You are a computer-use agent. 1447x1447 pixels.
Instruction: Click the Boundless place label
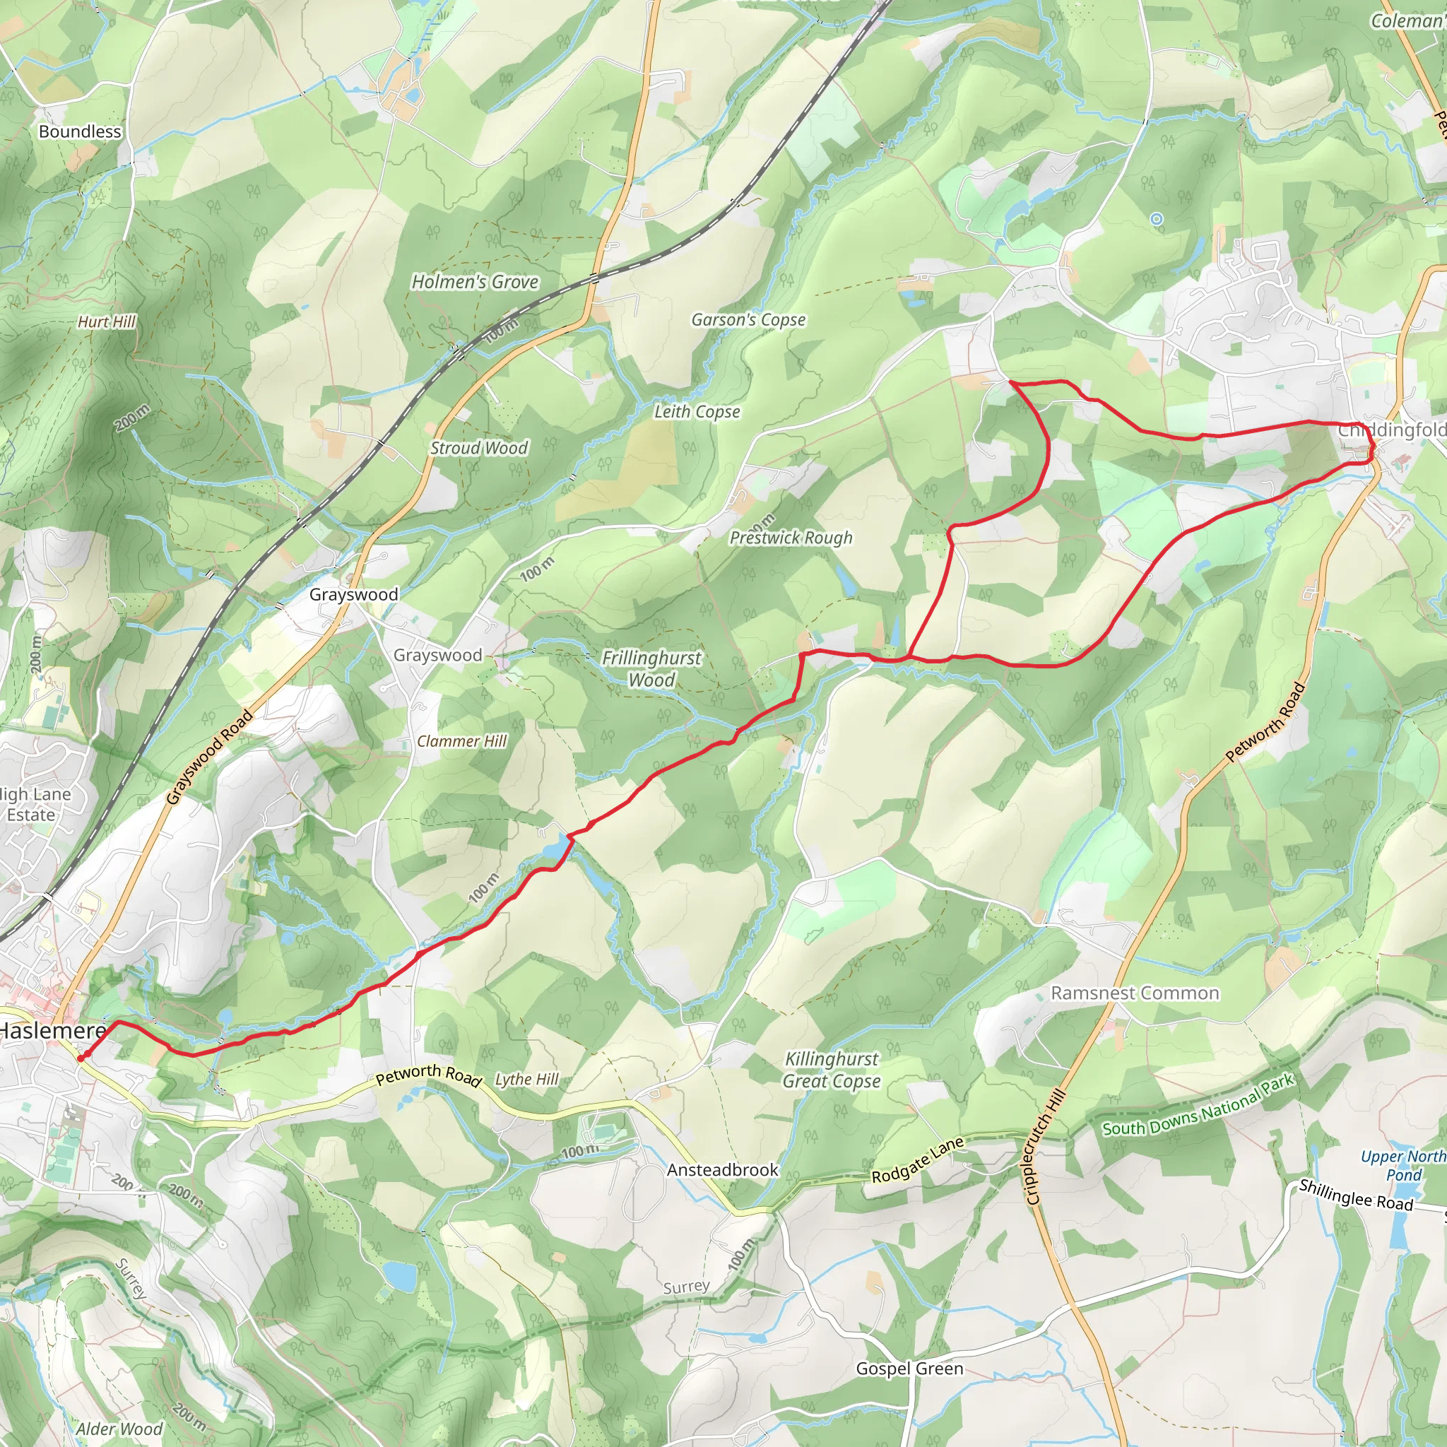[79, 132]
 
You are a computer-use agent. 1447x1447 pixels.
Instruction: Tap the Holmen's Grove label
[475, 283]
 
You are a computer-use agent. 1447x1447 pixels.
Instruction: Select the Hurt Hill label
[107, 322]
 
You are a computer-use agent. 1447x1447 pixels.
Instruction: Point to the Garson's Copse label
[748, 320]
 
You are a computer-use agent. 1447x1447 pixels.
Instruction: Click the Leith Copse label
[697, 412]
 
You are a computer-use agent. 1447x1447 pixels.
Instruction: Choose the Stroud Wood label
[478, 448]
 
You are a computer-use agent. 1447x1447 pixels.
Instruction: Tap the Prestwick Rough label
[791, 538]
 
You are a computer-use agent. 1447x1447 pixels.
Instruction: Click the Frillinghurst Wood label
[651, 669]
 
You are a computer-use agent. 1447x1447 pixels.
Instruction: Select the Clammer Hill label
[461, 741]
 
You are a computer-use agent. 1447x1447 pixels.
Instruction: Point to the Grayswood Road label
[209, 757]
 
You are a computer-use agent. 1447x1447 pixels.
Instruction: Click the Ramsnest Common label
[1135, 993]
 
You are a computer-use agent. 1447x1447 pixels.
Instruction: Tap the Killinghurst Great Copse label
[832, 1070]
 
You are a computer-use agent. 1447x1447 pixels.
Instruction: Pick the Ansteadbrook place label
[723, 1170]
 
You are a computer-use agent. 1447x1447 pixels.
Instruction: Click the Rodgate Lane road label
[918, 1160]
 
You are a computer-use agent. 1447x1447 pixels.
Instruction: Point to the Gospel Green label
[909, 1369]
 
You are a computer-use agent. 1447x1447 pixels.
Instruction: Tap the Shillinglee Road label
[1356, 1195]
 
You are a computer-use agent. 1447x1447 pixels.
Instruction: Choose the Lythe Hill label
[526, 1080]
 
